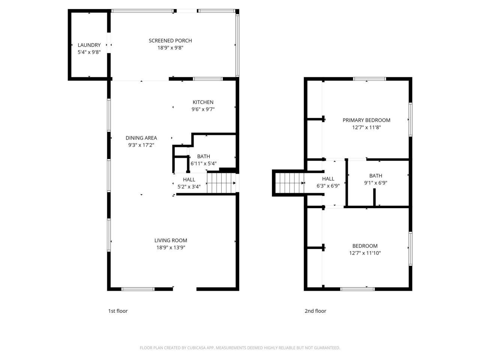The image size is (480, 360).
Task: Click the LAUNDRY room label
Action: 89,45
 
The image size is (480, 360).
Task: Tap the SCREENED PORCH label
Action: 170,40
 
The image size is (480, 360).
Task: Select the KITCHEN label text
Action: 203,102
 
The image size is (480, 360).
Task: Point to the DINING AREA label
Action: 141,138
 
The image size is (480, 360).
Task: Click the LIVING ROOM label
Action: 171,240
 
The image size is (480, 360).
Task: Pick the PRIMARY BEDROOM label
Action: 366,120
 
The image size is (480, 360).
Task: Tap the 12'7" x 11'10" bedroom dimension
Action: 365,253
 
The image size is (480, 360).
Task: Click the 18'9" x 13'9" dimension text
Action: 171,247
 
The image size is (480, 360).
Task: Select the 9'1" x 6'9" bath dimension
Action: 375,183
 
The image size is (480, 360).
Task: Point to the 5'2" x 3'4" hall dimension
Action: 189,186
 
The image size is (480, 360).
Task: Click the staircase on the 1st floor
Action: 220,183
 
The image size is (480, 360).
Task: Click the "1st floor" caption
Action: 118,311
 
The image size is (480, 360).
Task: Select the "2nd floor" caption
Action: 315,311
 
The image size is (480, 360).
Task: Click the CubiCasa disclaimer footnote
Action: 240,348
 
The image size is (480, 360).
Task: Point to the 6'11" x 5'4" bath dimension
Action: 204,163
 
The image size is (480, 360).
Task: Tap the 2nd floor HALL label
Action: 328,179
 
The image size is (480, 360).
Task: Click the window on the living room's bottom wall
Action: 138,289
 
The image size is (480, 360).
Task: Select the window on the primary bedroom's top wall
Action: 369,79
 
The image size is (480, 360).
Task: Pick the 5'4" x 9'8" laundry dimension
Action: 89,52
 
